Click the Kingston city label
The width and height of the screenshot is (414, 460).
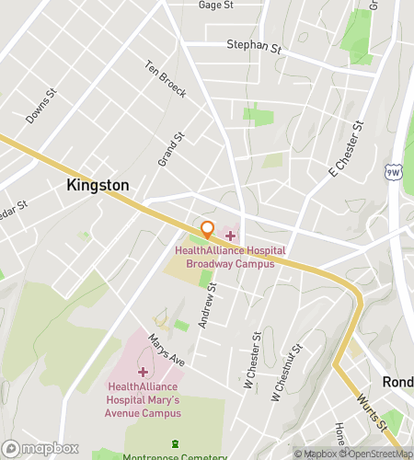98,185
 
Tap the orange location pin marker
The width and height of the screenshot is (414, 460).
207,229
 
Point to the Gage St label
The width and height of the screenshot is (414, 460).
216,5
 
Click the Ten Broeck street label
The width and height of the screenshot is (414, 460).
166,79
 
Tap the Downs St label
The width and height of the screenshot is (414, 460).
41,107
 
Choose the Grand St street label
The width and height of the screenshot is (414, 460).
171,148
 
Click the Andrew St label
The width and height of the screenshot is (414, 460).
209,306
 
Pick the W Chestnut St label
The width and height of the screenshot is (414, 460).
286,377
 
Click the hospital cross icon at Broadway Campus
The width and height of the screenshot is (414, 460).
230,236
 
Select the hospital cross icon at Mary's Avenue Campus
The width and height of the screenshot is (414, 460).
143,371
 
